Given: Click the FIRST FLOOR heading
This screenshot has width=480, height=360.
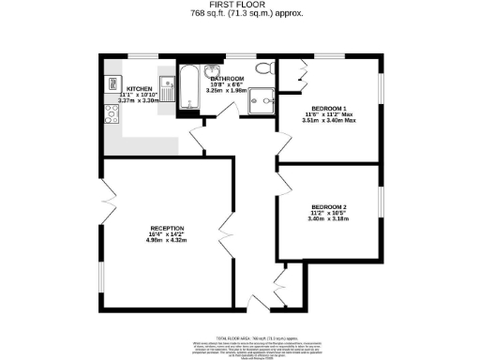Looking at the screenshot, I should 241,5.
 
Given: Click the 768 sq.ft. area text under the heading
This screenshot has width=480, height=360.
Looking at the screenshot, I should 241,14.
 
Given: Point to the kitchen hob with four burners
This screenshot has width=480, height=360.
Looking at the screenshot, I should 111,114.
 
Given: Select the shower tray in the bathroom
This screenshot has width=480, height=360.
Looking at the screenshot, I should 265,97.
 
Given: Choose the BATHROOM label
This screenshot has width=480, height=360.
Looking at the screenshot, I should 227,78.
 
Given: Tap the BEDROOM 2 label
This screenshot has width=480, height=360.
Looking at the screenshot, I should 330,206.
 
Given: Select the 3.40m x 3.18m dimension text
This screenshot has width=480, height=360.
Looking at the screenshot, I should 330,219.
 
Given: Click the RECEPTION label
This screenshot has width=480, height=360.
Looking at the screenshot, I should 166,228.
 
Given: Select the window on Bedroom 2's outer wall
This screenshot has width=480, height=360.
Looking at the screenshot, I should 380,205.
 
